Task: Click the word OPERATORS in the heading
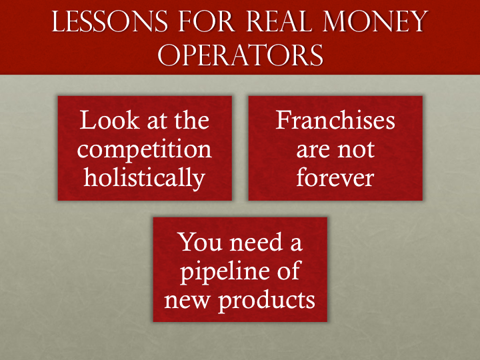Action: [x=240, y=56]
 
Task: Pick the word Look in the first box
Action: [x=102, y=121]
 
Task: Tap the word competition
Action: [x=145, y=149]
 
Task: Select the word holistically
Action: [x=145, y=178]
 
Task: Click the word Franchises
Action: [x=335, y=121]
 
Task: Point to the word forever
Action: [x=335, y=178]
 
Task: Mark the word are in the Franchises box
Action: [x=312, y=149]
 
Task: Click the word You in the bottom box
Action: [x=197, y=242]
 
